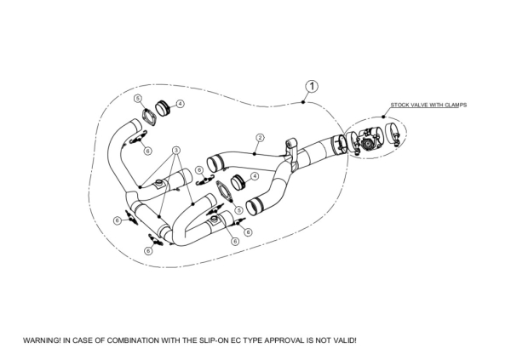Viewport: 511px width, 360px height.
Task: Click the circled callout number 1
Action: coord(313,86)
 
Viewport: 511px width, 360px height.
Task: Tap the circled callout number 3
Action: coord(176,149)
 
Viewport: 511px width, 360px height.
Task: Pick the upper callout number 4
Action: coord(181,104)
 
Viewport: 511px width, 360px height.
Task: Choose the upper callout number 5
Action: coord(138,99)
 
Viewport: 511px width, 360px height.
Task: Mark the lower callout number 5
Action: coord(239,210)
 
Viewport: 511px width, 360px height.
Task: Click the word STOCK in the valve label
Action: coord(399,105)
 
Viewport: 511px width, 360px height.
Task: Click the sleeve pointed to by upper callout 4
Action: coord(164,110)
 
